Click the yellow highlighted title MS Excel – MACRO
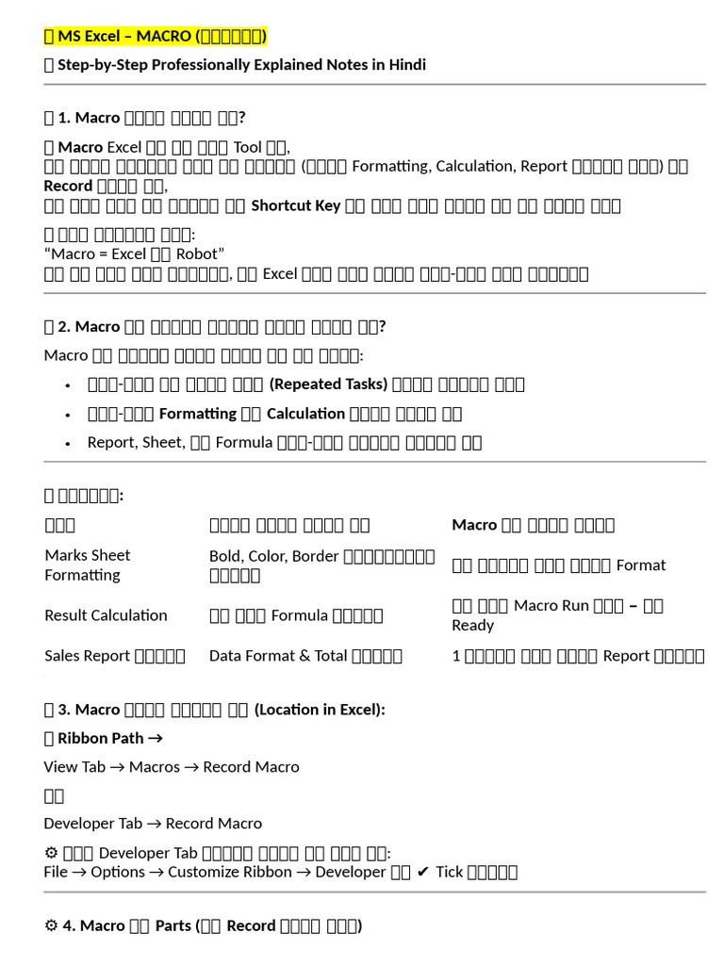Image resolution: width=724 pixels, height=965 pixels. point(156,37)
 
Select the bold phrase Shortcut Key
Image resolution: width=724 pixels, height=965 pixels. point(295,205)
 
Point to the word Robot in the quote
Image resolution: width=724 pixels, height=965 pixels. point(200,254)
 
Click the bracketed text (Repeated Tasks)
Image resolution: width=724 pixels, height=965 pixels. point(328,384)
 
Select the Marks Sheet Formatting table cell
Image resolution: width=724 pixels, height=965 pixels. point(87,564)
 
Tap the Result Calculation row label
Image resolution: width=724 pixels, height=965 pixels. point(106,615)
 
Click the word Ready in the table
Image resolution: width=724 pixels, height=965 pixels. point(472,625)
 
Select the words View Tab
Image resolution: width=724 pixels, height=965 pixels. point(74,767)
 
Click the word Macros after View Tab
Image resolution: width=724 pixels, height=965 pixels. point(154,767)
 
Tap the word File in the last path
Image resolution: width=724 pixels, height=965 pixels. point(56,872)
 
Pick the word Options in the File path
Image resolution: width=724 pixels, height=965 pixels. point(118,872)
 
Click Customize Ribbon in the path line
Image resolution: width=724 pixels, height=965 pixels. point(230,872)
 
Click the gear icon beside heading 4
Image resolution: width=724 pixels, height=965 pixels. point(51,925)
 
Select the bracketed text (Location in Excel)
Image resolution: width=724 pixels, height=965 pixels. point(320,710)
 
